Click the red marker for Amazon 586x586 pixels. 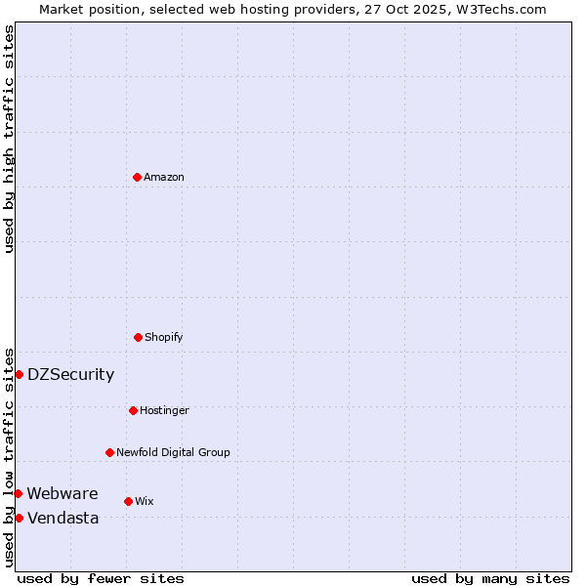point(137,177)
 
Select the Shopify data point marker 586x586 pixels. point(138,337)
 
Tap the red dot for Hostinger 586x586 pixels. point(133,410)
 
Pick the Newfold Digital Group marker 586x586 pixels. point(109,452)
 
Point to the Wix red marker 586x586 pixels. point(128,501)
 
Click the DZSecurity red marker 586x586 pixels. point(19,374)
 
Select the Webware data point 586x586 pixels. point(18,493)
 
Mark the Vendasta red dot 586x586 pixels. point(19,518)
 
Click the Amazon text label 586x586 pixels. point(164,178)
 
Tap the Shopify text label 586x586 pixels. point(164,338)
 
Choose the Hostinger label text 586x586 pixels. point(164,411)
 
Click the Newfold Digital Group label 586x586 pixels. point(173,453)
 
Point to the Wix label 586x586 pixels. point(145,502)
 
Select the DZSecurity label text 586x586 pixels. point(70,375)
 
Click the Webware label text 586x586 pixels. point(63,494)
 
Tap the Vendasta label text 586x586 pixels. point(63,519)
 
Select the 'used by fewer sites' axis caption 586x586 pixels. point(101,578)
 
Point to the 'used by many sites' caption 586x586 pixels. point(490,578)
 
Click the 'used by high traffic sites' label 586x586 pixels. point(9,139)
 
